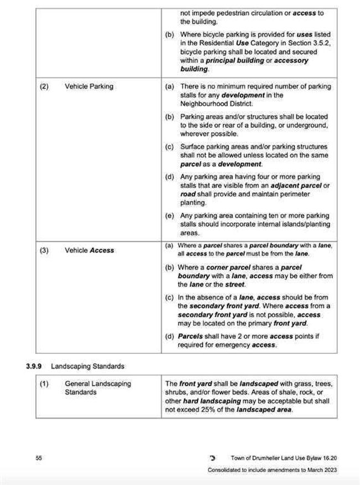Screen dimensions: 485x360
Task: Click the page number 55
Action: coord(39,458)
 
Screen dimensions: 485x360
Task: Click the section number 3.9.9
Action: coord(35,366)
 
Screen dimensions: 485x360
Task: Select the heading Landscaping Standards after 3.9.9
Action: coord(88,366)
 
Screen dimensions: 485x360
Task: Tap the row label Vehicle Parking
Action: coord(89,86)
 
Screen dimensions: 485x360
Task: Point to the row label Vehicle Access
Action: coord(89,250)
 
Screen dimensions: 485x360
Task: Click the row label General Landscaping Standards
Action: coord(97,388)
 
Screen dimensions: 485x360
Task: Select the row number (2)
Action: coord(44,86)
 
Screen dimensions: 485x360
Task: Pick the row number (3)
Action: coord(44,250)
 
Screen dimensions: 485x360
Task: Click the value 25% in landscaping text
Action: coord(217,410)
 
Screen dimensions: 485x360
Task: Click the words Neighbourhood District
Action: coord(217,104)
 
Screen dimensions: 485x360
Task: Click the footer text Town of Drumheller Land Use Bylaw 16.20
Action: coord(284,458)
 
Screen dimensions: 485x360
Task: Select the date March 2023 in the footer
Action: coord(320,469)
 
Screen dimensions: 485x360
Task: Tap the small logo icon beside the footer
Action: coord(212,458)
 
